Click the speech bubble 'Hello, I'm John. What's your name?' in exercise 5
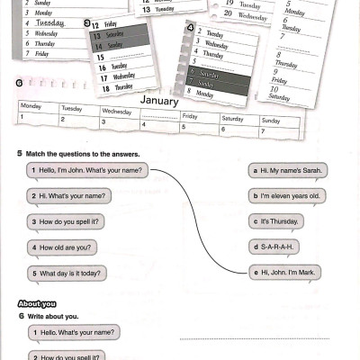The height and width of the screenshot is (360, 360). tap(86, 169)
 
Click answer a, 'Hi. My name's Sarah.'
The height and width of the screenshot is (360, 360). tap(288, 169)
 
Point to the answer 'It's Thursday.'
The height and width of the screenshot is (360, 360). tap(276, 221)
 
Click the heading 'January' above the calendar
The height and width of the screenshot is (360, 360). tap(160, 101)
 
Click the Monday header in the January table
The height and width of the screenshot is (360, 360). tap(31, 107)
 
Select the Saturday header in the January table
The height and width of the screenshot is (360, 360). tap(232, 118)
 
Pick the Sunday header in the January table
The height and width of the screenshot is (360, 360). tap(270, 121)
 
